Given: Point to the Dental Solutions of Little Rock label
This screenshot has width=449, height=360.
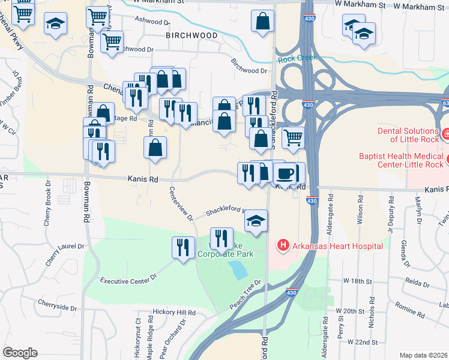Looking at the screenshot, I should click(408, 135).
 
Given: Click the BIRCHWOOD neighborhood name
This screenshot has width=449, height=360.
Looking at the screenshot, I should click(191, 35).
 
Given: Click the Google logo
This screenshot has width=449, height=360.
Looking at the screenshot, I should click(20, 353).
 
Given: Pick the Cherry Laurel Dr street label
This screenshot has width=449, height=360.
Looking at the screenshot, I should click(64, 247).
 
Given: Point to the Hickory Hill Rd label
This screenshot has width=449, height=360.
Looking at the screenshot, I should click(174, 313).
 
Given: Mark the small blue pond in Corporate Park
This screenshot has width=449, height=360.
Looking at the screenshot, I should click(238, 270).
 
